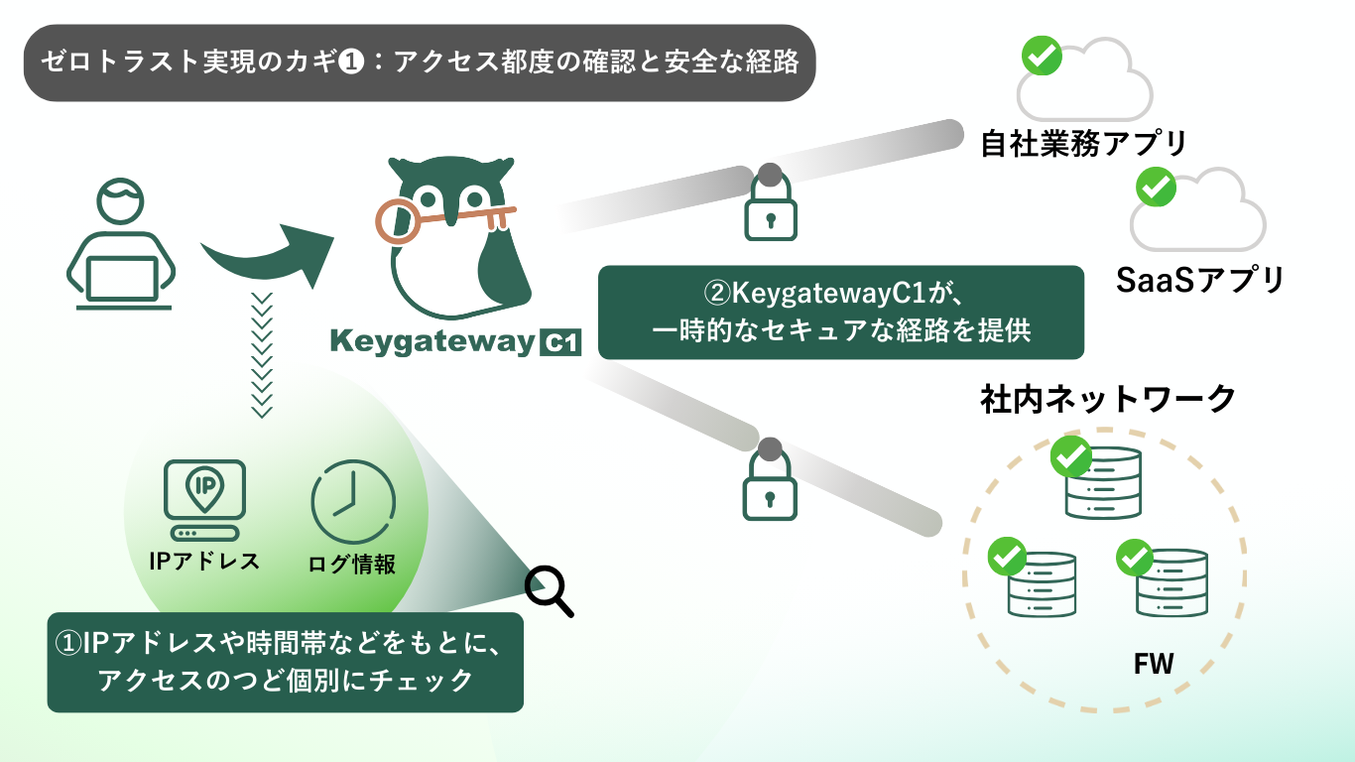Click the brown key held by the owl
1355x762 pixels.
[x=436, y=218]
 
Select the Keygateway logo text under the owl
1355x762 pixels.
[x=433, y=342]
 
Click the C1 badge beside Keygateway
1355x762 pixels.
[x=560, y=343]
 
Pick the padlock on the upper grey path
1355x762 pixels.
[x=770, y=203]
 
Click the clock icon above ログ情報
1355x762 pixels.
[x=353, y=501]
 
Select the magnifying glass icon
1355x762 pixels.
[x=549, y=590]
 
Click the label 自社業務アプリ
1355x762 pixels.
[x=1083, y=144]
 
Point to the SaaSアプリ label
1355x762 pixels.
[x=1200, y=280]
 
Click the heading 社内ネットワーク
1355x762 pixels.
[x=1108, y=399]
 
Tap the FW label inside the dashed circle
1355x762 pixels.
[x=1154, y=664]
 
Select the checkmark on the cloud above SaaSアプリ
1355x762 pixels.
[x=1155, y=187]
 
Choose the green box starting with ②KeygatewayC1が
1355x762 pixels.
[x=841, y=312]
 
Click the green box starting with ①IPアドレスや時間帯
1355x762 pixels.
[x=285, y=662]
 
